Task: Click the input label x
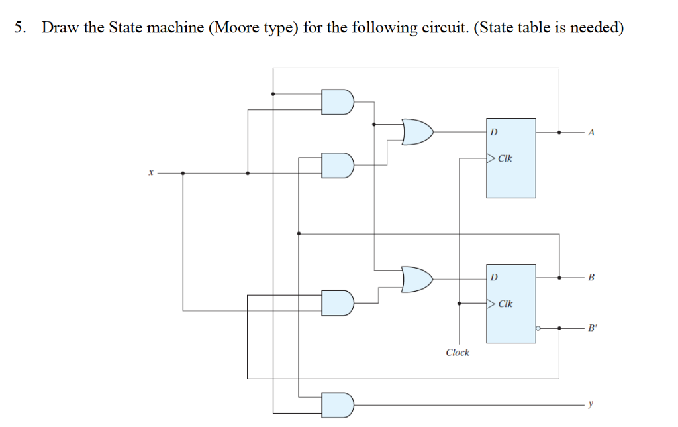pos(150,173)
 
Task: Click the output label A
pos(591,133)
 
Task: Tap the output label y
pos(591,403)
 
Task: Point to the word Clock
pos(458,353)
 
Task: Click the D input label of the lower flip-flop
pos(493,277)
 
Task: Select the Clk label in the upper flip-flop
pos(505,159)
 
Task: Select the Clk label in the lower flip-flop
pos(505,304)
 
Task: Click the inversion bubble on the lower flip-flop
pos(538,328)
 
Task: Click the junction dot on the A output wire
pos(559,133)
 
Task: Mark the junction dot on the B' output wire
pos(559,328)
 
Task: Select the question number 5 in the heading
pos(21,28)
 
